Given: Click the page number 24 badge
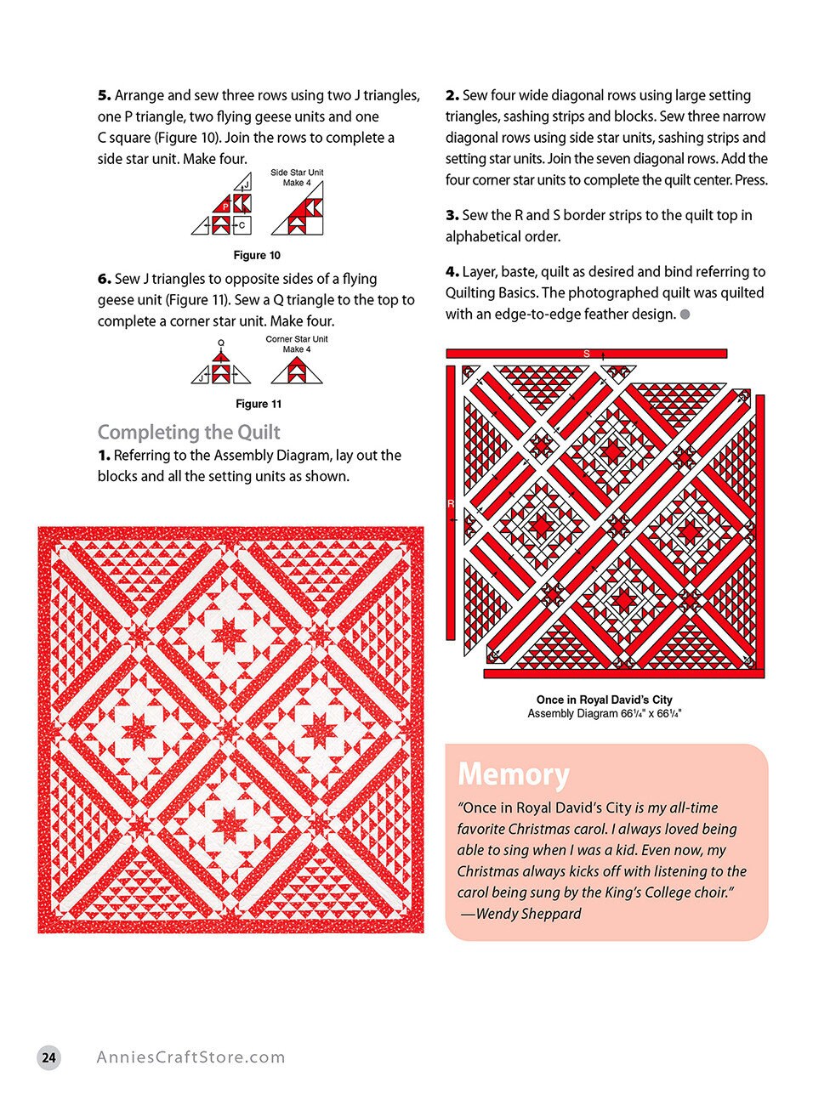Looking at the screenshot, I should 49,1057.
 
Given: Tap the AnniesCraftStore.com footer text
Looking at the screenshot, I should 190,1057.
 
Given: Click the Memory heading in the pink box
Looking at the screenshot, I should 513,774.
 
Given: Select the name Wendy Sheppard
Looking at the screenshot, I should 528,914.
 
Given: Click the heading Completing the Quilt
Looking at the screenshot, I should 189,432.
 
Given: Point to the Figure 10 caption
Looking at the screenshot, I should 257,255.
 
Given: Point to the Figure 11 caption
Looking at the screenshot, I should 258,404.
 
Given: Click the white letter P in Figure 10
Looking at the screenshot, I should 225,206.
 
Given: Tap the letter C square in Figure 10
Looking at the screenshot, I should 242,225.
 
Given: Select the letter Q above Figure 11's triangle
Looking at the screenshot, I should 221,343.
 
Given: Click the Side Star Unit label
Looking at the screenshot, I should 297,173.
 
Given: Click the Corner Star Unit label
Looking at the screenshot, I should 296,339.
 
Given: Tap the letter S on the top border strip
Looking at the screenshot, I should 586,354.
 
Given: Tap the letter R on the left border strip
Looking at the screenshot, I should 451,504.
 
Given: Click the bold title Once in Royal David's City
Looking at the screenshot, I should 604,700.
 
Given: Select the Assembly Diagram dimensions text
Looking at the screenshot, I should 604,714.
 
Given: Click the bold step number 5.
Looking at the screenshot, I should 104,96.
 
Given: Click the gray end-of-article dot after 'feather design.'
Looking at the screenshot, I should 685,314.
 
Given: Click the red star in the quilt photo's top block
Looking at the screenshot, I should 229,634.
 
